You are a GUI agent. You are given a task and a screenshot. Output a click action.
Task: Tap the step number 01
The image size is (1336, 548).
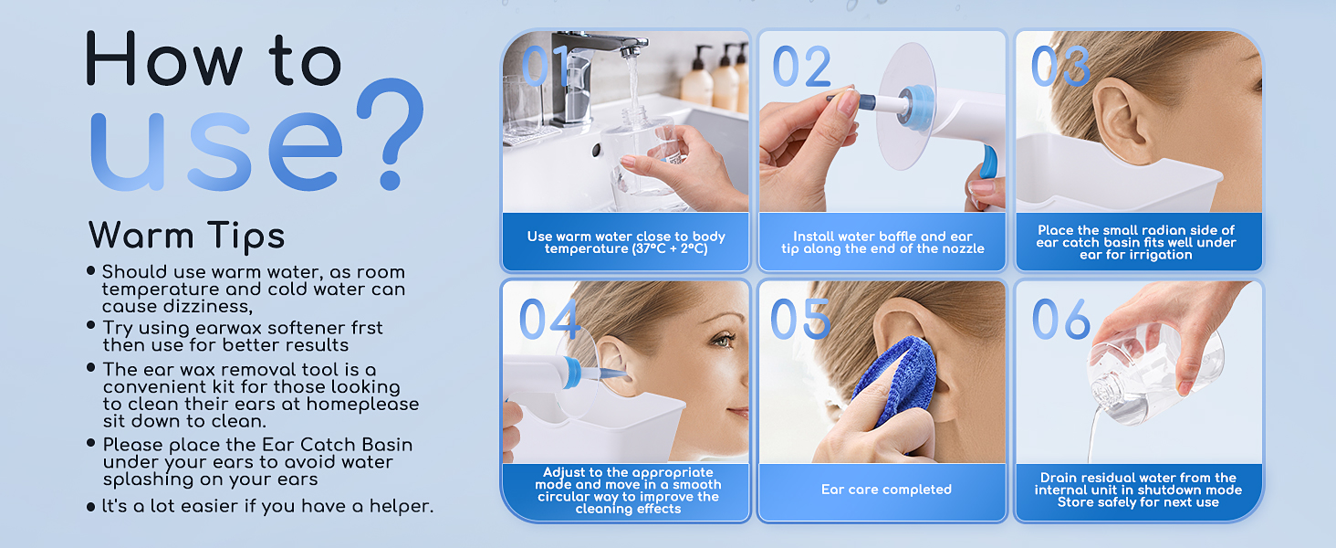545,66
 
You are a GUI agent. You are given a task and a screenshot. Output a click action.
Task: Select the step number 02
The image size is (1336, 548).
801,67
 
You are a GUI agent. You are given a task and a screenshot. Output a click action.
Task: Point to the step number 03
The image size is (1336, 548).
1061,67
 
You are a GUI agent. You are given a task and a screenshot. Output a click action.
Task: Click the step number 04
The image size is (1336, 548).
549,319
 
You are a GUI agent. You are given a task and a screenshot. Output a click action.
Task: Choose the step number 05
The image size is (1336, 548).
800,319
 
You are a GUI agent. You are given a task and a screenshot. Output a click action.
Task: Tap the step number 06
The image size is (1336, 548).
1061,319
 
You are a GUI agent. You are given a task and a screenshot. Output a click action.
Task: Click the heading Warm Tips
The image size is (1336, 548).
187,236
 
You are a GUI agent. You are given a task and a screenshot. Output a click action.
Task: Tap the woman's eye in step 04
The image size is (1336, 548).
722,341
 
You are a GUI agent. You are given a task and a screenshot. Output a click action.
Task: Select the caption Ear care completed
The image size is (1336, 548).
886,490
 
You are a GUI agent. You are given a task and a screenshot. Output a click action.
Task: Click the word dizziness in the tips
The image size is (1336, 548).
207,306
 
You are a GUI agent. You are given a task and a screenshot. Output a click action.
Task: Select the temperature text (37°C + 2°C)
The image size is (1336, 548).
669,249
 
